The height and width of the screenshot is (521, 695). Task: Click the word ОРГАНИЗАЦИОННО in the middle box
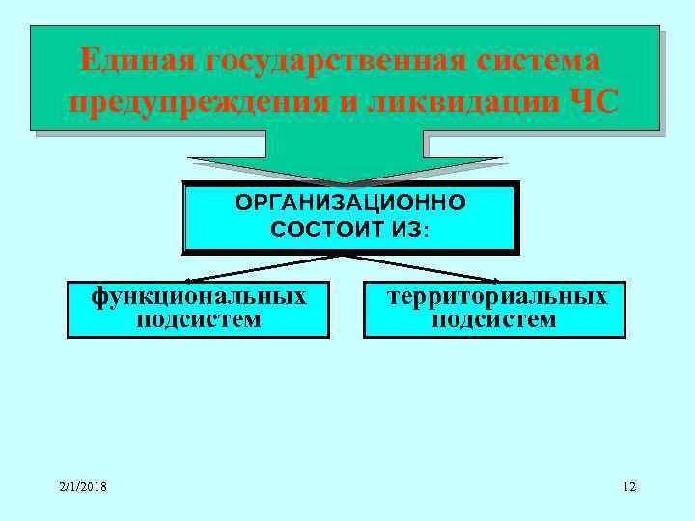tap(350, 204)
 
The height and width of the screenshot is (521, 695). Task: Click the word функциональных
tap(198, 295)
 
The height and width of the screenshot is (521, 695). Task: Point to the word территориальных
tap(496, 295)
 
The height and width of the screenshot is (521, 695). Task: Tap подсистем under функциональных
tap(199, 319)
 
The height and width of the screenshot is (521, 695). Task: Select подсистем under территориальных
tap(494, 319)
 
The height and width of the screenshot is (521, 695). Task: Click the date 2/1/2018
tap(82, 486)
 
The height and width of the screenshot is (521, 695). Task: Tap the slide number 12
tap(629, 486)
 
